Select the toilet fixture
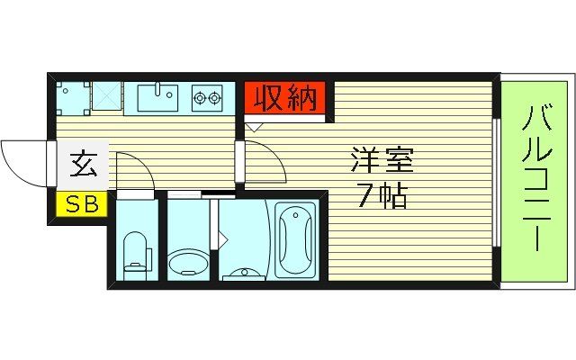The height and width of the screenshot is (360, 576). (x=135, y=252)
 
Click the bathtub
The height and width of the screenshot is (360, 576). (x=296, y=238)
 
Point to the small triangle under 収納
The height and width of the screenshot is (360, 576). (x=255, y=126)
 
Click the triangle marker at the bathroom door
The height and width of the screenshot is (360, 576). (x=221, y=238)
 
